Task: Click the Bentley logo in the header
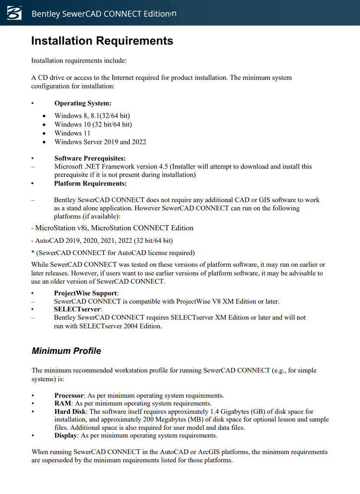[14, 13]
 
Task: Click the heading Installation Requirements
[102, 41]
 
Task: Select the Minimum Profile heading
[66, 351]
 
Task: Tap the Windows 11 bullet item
[72, 133]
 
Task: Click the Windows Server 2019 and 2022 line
[100, 142]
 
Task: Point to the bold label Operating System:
[83, 103]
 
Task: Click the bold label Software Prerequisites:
[90, 158]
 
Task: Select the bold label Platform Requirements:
[90, 183]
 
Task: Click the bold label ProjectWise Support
[85, 293]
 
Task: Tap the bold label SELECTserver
[77, 309]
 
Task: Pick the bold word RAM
[62, 403]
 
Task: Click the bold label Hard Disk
[71, 411]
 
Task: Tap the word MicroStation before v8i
[55, 228]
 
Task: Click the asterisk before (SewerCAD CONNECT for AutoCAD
[33, 252]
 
